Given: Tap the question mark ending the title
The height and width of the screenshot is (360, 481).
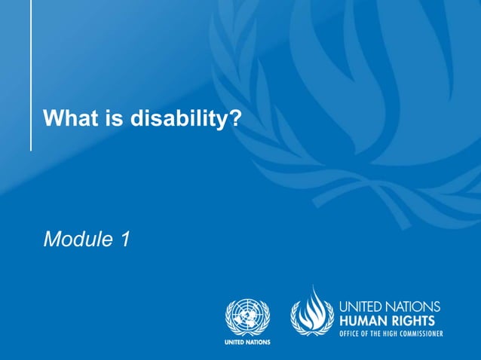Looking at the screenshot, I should coord(234,119).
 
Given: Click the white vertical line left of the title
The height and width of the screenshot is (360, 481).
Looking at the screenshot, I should coord(31,75).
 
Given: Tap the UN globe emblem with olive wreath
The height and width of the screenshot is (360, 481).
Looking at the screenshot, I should coord(247,316).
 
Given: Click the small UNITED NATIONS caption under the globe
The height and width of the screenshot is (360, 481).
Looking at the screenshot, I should coord(247,342).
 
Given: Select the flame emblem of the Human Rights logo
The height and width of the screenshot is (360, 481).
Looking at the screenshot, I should coord(312,310).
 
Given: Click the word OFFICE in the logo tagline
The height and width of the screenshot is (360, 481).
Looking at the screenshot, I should coord(351,333).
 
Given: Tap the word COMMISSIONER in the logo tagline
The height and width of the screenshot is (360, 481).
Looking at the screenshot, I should coord(418,333).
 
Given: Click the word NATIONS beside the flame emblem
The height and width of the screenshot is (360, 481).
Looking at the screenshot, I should coord(413,307).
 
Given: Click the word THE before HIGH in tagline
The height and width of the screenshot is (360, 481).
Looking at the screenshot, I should coord(374,333).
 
